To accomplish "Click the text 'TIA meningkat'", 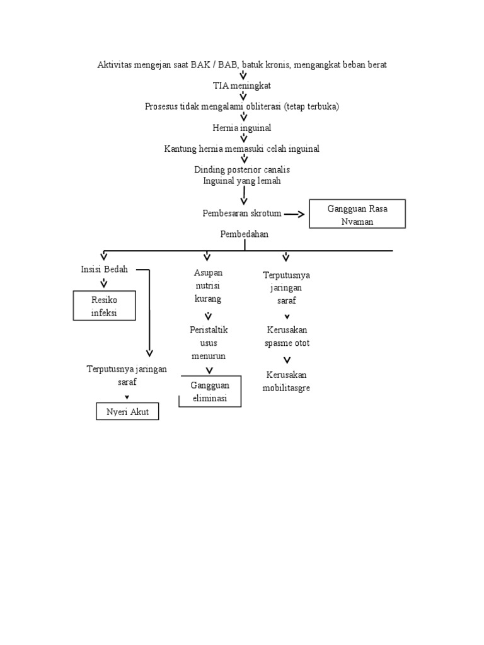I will [242, 86].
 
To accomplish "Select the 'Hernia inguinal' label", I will [242, 128].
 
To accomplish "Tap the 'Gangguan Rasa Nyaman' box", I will [357, 214].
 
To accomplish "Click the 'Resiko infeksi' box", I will [104, 305].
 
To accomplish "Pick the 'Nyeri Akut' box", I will [127, 412].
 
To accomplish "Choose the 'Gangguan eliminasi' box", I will [210, 392].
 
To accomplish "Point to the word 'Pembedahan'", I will [245, 234].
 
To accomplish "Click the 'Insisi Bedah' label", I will [104, 269].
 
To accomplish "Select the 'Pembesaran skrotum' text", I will [242, 214].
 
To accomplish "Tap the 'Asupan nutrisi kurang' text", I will [208, 285].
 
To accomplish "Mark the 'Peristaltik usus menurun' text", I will [208, 343].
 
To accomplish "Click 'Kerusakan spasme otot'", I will [287, 336].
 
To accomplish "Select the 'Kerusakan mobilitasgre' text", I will [287, 381].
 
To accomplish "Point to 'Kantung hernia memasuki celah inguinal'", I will [242, 149].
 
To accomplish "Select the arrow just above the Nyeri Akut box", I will [127, 397].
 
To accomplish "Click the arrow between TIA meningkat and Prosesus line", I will [243, 96].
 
